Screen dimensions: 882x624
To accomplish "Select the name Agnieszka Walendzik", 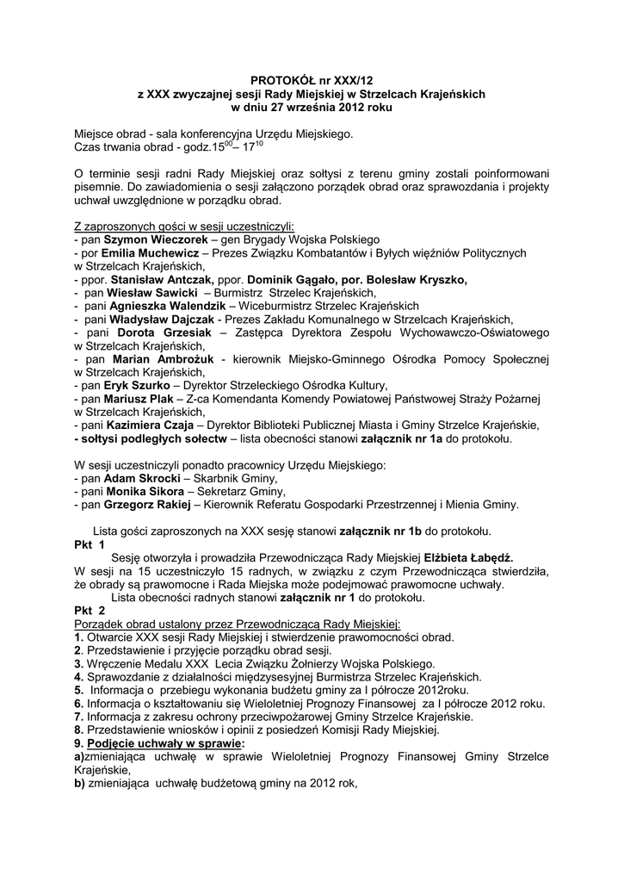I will click(161, 306).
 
